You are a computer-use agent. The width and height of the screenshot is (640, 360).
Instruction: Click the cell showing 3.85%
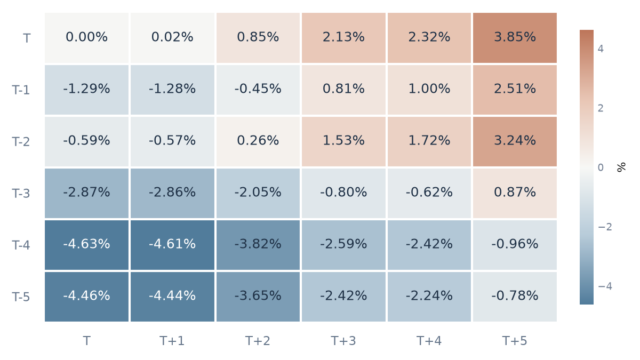coord(515,38)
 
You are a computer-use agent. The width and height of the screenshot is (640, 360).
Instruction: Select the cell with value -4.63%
coord(86,245)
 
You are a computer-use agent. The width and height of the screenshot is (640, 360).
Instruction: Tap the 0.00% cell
coord(86,38)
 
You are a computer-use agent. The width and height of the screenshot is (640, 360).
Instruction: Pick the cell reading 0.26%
coord(258,141)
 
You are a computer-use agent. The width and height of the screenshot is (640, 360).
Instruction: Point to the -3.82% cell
coord(258,245)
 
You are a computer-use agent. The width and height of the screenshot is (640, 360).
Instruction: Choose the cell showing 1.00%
coord(429,90)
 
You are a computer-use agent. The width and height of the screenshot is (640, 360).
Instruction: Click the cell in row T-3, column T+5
coord(515,193)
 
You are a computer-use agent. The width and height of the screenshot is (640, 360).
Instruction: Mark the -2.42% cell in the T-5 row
coord(343,297)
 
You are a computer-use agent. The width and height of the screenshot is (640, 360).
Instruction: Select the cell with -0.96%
coord(515,245)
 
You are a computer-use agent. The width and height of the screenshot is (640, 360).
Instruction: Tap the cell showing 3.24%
coord(515,141)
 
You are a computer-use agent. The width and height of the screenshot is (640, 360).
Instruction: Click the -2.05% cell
coord(258,193)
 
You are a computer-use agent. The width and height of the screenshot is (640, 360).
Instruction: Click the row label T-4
coord(21,245)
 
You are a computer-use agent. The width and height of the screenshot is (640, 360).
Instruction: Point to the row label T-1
coord(21,90)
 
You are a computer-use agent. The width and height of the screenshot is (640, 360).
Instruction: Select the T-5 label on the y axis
coord(21,297)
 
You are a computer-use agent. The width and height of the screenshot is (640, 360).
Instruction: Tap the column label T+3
coord(343,341)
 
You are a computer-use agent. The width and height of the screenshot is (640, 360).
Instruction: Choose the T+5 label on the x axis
coord(515,341)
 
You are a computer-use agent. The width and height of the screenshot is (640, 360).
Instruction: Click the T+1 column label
coord(172,341)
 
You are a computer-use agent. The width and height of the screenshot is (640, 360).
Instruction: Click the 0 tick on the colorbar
coord(601,167)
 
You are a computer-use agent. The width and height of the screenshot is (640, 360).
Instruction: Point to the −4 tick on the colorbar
coord(605,286)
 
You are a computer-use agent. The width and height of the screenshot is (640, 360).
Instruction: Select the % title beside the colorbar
coord(621,167)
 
